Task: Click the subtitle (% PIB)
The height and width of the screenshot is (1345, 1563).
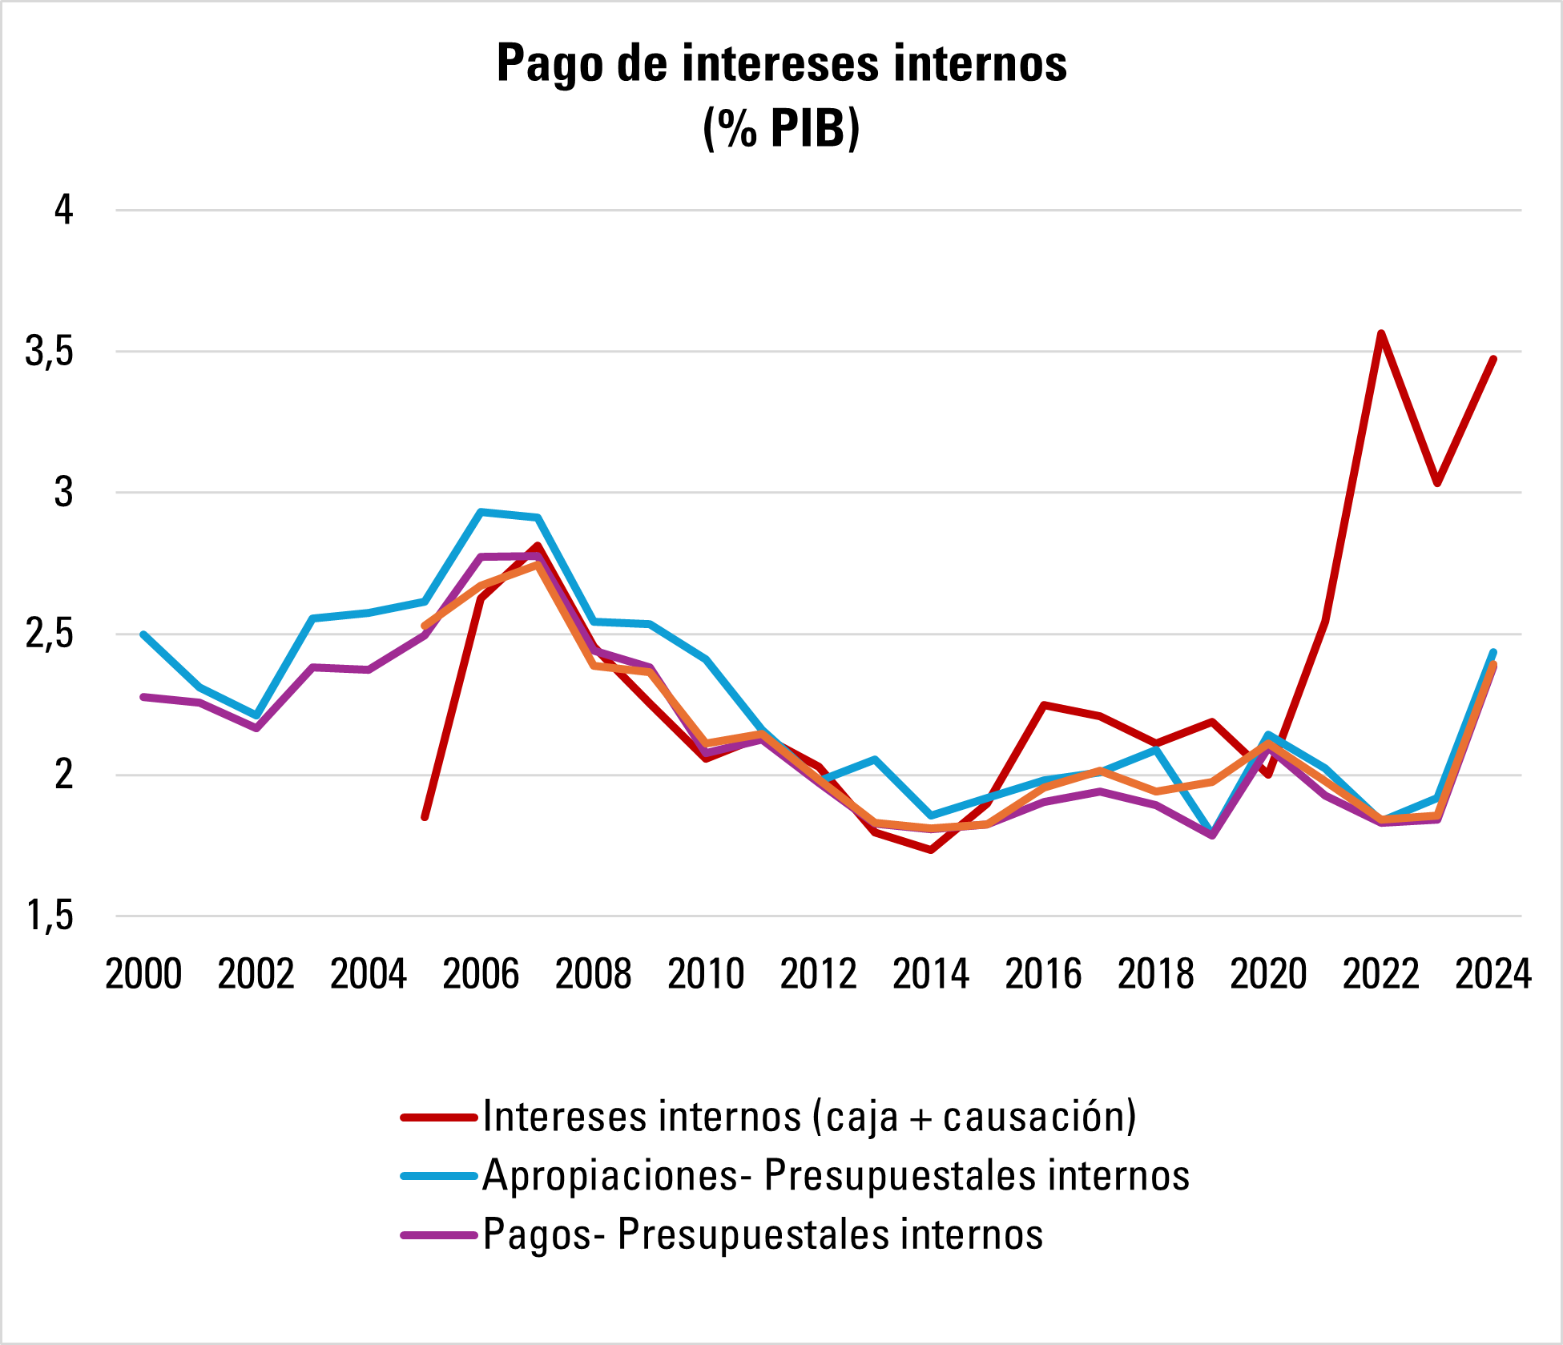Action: pyautogui.click(x=781, y=128)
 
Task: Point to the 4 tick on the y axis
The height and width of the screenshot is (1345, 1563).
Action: pyautogui.click(x=63, y=210)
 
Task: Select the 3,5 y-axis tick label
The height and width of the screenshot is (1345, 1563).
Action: pyautogui.click(x=50, y=352)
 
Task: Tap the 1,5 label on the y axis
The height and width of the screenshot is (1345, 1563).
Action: pyautogui.click(x=50, y=916)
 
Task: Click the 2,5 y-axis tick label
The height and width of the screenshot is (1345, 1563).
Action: pyautogui.click(x=50, y=634)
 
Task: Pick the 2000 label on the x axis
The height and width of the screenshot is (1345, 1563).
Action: pyautogui.click(x=143, y=975)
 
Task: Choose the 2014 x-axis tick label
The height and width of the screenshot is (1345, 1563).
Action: pyautogui.click(x=931, y=975)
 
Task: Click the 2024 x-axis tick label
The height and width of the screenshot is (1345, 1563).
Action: pyautogui.click(x=1493, y=975)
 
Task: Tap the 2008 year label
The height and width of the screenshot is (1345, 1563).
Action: pyautogui.click(x=594, y=975)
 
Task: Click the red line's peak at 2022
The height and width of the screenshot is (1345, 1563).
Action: pyautogui.click(x=1381, y=332)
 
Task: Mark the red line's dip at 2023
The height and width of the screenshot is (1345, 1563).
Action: pyautogui.click(x=1437, y=484)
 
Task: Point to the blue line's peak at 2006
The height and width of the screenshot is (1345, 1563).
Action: pyautogui.click(x=481, y=511)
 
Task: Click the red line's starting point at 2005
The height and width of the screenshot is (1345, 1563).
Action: pyautogui.click(x=425, y=817)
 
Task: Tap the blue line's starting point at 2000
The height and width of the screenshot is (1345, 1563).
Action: pyautogui.click(x=143, y=634)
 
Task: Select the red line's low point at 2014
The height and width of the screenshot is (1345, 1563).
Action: pyautogui.click(x=931, y=850)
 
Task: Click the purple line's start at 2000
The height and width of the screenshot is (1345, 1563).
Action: pyautogui.click(x=143, y=697)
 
